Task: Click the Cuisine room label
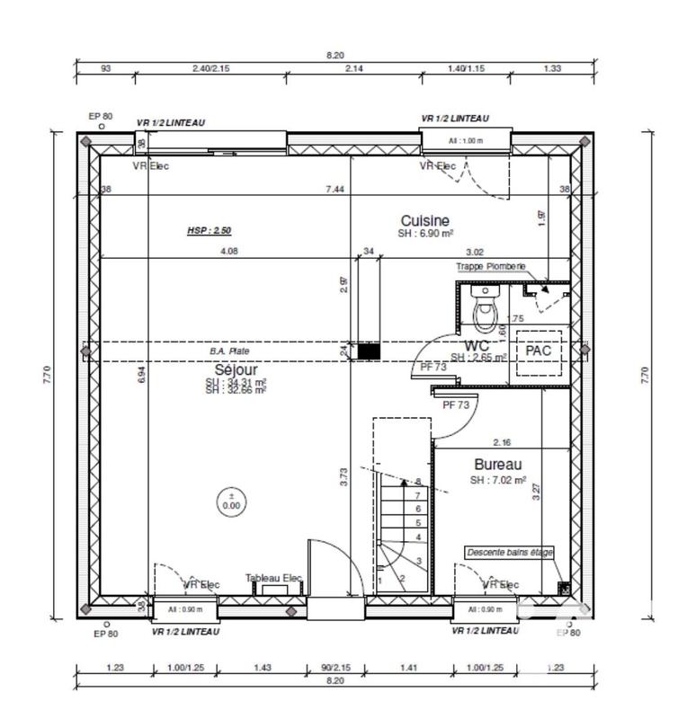424,220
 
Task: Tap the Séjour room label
236,369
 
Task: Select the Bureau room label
498,465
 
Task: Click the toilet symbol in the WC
486,311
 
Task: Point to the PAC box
539,351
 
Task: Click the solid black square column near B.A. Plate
369,351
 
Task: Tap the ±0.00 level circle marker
232,501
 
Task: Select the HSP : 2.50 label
209,230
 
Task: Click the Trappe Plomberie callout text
490,266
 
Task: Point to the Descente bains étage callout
509,552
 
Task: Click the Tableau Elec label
273,579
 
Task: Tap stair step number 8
418,482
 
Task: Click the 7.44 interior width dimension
335,189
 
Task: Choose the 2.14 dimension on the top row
352,67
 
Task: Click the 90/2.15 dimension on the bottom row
335,668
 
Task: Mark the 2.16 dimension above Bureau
503,442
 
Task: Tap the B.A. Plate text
229,351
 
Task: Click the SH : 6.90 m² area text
424,234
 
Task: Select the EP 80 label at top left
100,116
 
